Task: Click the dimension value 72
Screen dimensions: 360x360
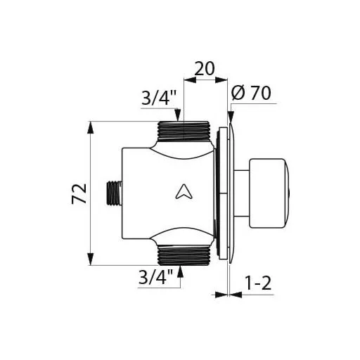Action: point(79,194)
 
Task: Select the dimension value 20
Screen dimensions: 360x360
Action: point(205,69)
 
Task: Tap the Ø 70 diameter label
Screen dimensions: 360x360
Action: point(251,93)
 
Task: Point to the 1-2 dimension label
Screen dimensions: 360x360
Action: point(258,283)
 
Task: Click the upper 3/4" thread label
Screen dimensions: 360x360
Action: point(159,98)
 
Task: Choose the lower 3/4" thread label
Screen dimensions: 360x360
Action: point(156,277)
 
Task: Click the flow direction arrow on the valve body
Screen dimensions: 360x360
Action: point(184,191)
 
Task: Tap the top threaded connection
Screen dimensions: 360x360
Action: point(183,131)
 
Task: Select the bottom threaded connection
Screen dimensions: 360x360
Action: point(183,255)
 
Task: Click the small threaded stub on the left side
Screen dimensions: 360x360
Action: point(114,194)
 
